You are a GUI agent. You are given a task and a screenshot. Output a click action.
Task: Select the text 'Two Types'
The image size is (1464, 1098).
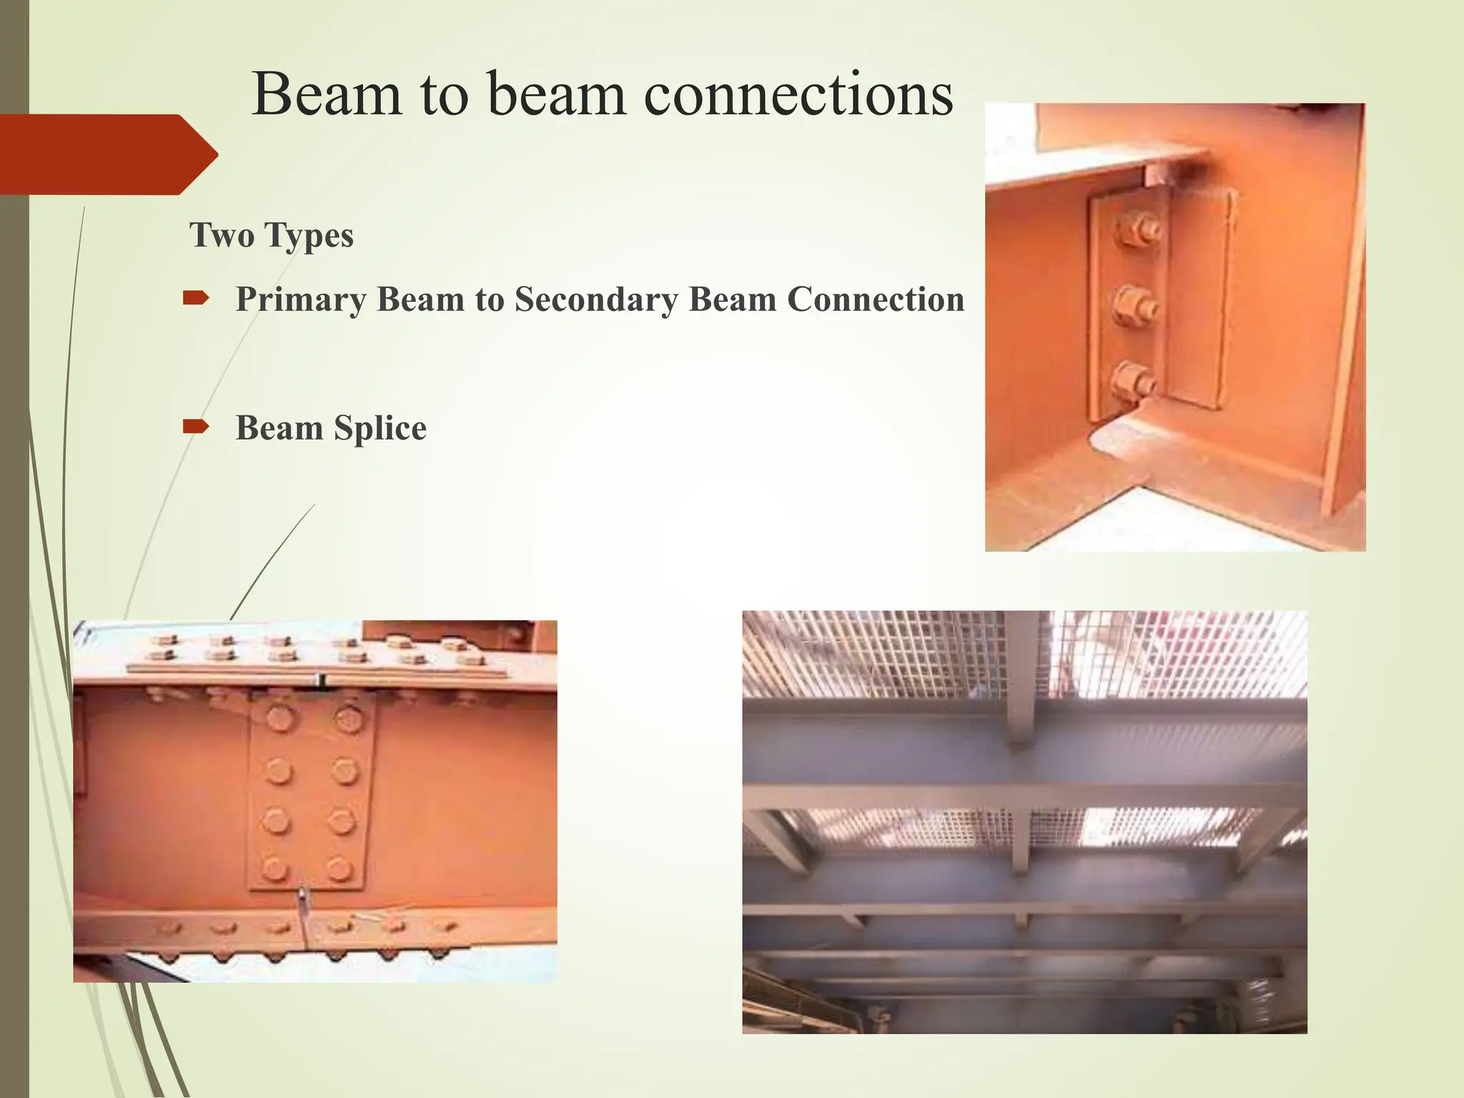pyautogui.click(x=271, y=235)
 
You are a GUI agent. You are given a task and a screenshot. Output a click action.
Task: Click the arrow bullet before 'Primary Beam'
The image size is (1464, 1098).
pyautogui.click(x=195, y=298)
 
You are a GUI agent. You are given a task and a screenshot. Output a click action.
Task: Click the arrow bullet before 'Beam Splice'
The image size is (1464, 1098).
pyautogui.click(x=195, y=427)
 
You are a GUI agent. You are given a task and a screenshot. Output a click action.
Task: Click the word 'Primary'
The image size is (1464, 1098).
pyautogui.click(x=301, y=299)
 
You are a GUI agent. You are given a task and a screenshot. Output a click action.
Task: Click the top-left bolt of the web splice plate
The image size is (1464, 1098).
pyautogui.click(x=280, y=718)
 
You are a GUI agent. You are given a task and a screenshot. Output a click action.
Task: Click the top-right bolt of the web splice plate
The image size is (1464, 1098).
pyautogui.click(x=348, y=718)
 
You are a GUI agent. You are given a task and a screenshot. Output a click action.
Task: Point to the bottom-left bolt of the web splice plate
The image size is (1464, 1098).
pyautogui.click(x=274, y=869)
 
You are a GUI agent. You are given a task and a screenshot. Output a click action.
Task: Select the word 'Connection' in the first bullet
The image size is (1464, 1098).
pyautogui.click(x=876, y=299)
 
